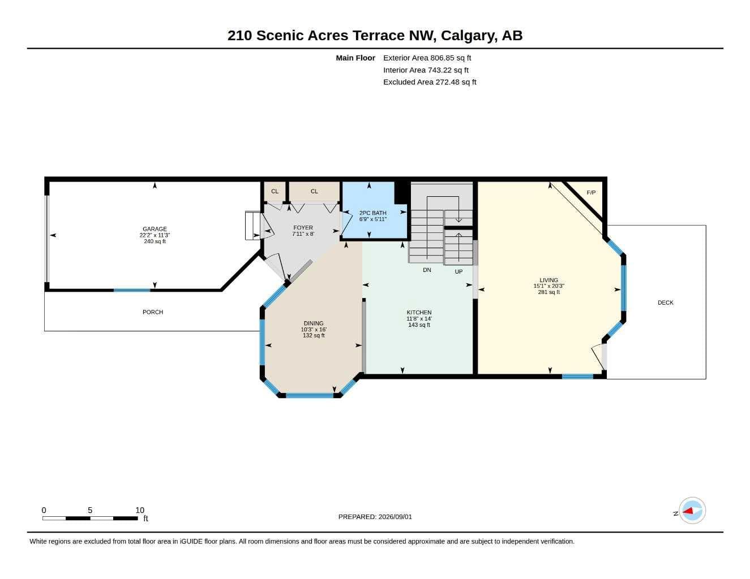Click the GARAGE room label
click(155, 229)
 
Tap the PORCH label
click(153, 312)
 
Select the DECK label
click(666, 303)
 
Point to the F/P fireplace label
click(592, 193)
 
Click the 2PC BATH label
click(373, 213)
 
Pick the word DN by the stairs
click(427, 270)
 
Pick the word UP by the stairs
click(458, 271)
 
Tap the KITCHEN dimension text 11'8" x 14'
click(419, 319)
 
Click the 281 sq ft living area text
click(549, 292)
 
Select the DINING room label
click(314, 323)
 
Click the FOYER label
click(303, 228)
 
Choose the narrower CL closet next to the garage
click(275, 191)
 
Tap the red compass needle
click(688, 511)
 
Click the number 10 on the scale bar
click(140, 510)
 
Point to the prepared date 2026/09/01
click(395, 517)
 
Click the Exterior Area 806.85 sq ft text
click(427, 58)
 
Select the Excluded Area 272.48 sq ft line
click(430, 82)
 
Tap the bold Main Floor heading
click(355, 58)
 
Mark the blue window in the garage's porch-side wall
click(132, 291)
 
